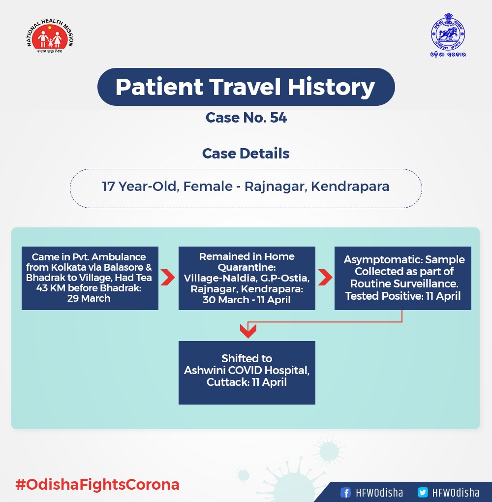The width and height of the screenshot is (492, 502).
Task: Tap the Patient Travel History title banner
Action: (246, 87)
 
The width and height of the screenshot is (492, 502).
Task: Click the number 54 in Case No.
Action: (278, 118)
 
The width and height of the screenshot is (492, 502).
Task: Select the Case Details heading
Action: (246, 154)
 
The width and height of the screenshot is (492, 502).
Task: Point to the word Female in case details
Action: (208, 187)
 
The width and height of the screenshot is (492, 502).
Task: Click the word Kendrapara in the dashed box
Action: (350, 187)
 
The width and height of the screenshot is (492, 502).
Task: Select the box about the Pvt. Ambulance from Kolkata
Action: (90, 278)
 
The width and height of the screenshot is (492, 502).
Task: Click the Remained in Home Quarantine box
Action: (247, 278)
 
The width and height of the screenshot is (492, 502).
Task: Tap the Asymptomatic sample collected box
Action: (402, 278)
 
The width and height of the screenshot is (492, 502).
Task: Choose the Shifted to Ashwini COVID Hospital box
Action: (247, 373)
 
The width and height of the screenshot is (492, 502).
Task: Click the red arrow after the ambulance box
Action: (168, 277)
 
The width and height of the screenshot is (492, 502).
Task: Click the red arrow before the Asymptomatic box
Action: (325, 277)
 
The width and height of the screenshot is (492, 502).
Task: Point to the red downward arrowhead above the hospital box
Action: (248, 331)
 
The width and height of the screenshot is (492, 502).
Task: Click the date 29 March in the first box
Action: (89, 298)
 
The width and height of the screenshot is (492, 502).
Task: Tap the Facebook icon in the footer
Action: (345, 492)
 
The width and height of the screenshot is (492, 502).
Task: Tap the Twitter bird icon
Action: (423, 492)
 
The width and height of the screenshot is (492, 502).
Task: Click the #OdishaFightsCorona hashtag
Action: (97, 484)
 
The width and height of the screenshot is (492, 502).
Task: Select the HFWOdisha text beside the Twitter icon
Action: (456, 492)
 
